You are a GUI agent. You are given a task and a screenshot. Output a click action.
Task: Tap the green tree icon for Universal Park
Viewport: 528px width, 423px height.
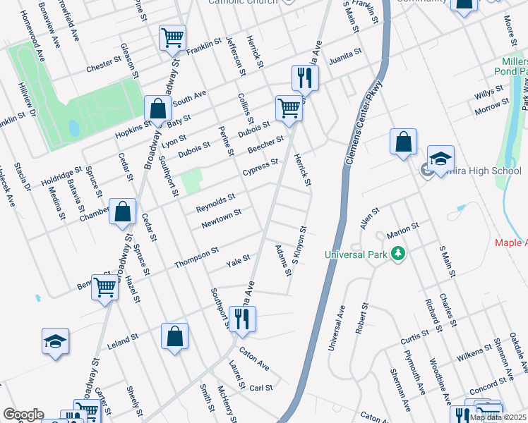click(398, 253)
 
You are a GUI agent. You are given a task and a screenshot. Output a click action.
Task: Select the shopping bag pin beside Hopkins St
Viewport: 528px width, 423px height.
click(157, 109)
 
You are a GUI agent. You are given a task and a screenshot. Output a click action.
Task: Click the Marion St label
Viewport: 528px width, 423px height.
click(403, 228)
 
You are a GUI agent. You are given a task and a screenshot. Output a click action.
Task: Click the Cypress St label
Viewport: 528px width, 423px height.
click(260, 166)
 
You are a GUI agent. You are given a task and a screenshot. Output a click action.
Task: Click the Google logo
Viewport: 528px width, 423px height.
click(23, 415)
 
